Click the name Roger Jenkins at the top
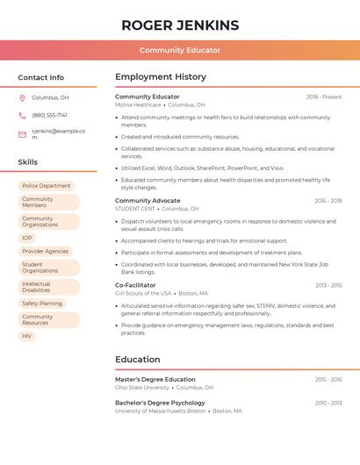click(x=179, y=25)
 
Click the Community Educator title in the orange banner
click(x=179, y=50)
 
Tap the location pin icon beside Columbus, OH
click(x=22, y=97)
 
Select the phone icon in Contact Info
click(x=22, y=115)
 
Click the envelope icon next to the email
click(x=22, y=134)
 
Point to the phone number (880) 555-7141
click(x=49, y=115)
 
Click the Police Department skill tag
click(x=46, y=186)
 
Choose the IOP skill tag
click(x=27, y=238)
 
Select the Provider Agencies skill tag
click(x=45, y=251)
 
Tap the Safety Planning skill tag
click(x=42, y=304)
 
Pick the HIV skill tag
click(x=26, y=336)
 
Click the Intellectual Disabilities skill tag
click(x=37, y=287)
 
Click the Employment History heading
click(x=161, y=77)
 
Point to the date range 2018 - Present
click(x=324, y=97)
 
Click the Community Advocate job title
click(x=148, y=201)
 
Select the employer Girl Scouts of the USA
click(x=144, y=293)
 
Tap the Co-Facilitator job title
click(x=135, y=285)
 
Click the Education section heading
click(x=138, y=359)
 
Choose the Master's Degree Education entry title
click(x=155, y=379)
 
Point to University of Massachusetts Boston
click(x=160, y=411)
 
